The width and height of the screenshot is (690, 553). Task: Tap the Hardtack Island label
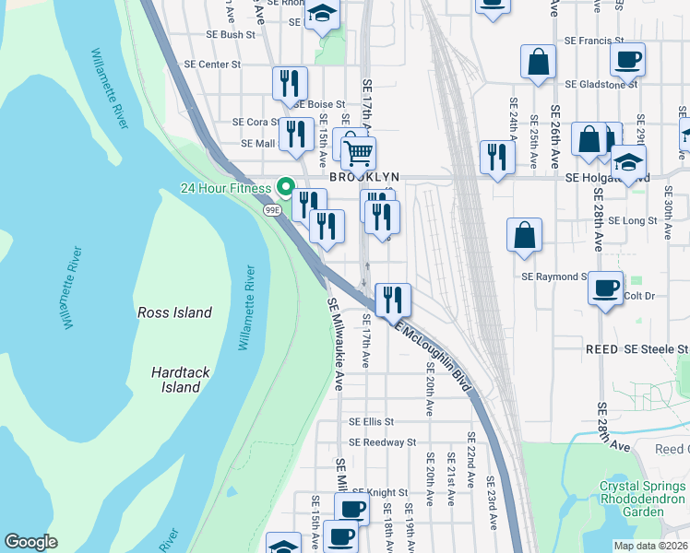(x=175, y=380)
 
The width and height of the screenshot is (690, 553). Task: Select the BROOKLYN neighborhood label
(x=365, y=176)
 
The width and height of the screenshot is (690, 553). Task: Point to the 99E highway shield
(x=272, y=210)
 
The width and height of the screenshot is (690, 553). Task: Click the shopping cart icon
(x=358, y=152)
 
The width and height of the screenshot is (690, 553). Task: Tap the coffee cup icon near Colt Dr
(x=606, y=288)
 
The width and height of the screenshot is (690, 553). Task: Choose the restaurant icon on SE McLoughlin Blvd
(x=393, y=299)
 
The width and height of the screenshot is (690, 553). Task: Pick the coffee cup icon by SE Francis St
(x=627, y=60)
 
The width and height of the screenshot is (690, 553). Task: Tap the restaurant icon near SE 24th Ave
(x=497, y=157)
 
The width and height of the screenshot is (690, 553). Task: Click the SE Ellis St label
(x=371, y=422)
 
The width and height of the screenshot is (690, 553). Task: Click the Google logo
(x=30, y=541)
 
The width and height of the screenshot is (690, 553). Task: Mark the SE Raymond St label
(x=554, y=276)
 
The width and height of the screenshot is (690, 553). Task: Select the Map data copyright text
(x=651, y=546)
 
